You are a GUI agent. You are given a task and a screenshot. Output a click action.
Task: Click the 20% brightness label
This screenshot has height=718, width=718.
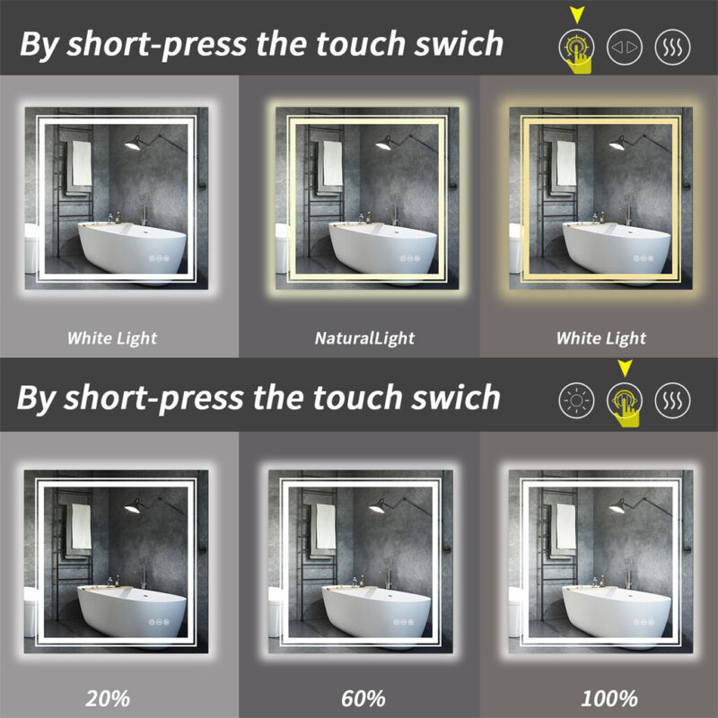click(108, 699)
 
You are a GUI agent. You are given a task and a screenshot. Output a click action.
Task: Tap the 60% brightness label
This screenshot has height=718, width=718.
click(363, 699)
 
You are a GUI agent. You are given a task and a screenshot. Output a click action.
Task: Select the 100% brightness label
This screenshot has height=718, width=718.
click(609, 699)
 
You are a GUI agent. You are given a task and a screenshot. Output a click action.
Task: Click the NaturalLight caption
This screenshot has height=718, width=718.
click(364, 338)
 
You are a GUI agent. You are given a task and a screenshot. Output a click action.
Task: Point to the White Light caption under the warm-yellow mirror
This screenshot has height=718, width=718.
click(600, 338)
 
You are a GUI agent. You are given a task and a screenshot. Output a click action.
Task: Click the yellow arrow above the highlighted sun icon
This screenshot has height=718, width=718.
click(577, 14)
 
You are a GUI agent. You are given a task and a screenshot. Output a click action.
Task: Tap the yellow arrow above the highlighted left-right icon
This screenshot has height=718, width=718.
click(625, 368)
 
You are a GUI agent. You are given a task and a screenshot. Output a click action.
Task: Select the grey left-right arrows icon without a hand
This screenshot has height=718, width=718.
click(625, 48)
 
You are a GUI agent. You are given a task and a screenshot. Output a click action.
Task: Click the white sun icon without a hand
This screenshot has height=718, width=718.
click(576, 400)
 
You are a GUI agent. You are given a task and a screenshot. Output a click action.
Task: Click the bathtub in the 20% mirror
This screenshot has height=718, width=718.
click(132, 609)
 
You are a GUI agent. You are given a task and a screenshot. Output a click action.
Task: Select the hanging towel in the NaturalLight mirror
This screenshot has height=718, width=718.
click(333, 163)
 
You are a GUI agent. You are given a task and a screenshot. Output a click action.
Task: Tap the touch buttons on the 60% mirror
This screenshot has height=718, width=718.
click(403, 622)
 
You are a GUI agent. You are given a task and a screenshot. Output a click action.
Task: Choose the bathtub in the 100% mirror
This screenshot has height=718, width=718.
click(617, 609)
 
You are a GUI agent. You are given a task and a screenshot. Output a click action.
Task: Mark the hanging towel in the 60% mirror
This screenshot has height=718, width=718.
click(326, 527)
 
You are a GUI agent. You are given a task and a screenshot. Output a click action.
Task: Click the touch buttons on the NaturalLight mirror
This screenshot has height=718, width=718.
click(410, 258)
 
